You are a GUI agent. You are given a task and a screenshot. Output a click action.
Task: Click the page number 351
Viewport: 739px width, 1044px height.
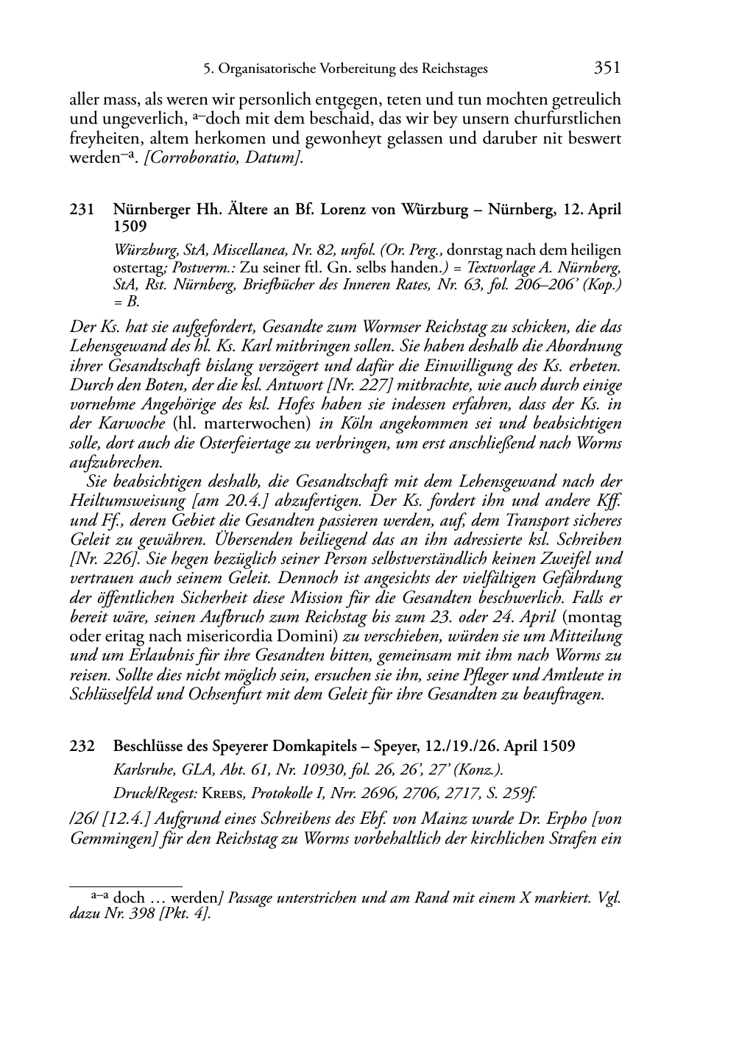click(x=607, y=68)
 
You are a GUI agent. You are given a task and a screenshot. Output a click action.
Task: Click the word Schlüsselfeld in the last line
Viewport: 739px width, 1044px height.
click(x=110, y=694)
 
